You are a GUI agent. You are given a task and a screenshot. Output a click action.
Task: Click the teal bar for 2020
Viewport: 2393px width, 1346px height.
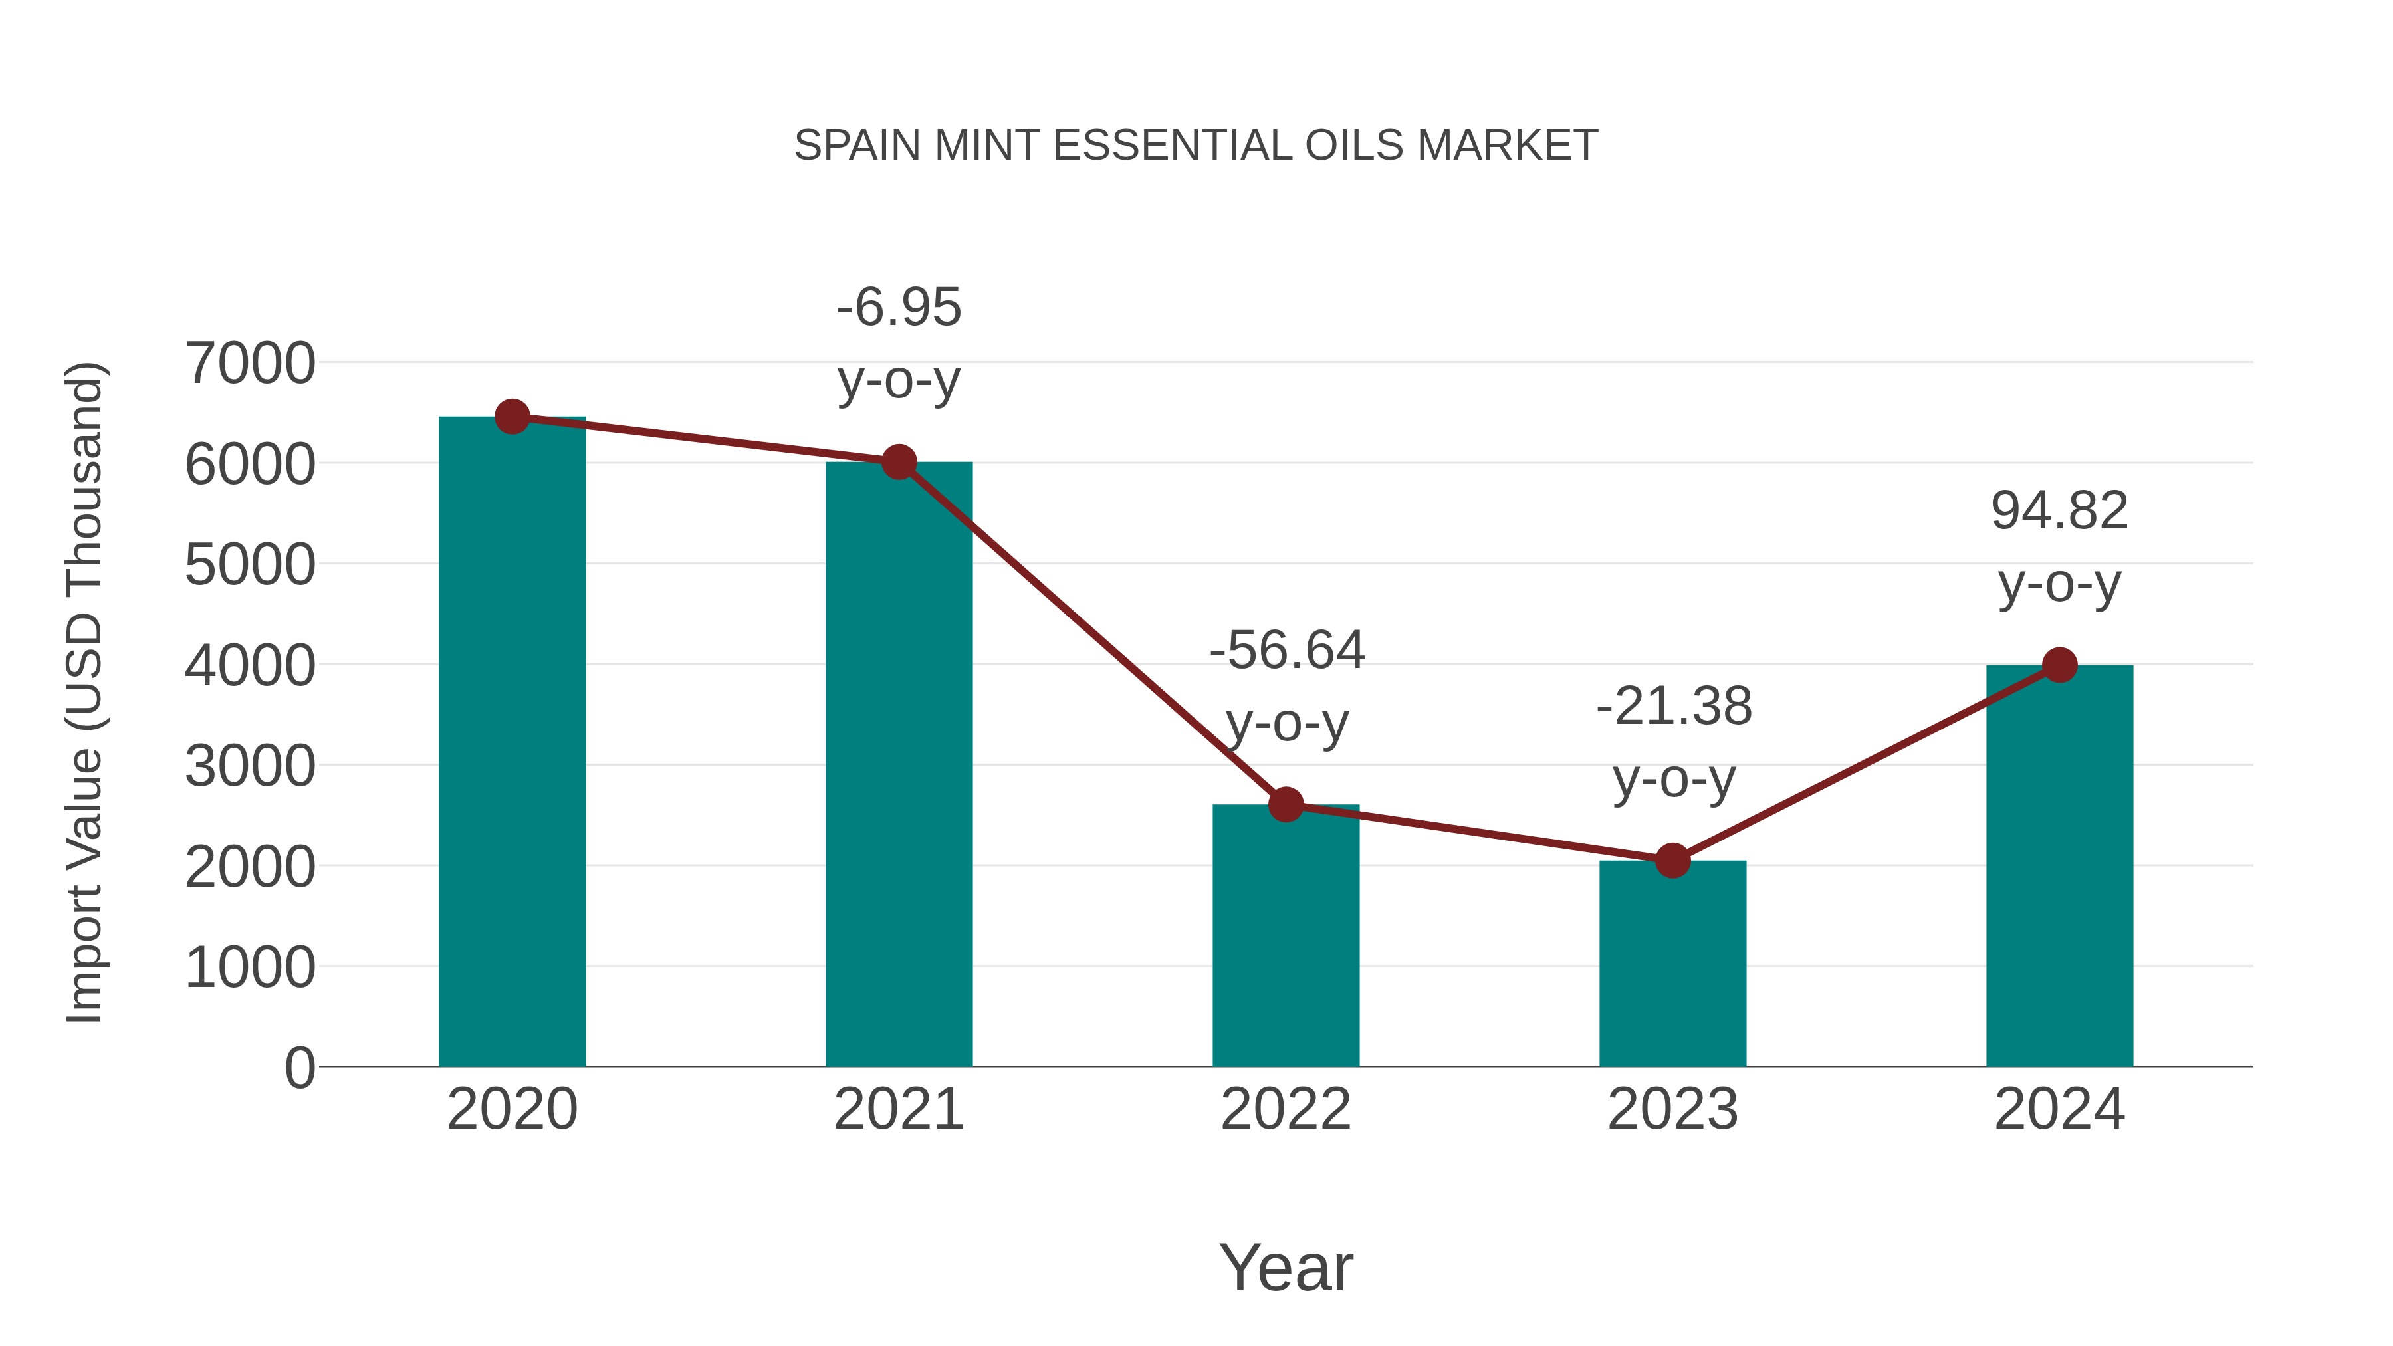(x=512, y=743)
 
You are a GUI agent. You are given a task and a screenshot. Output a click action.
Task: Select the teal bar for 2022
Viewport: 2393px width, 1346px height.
(x=1286, y=938)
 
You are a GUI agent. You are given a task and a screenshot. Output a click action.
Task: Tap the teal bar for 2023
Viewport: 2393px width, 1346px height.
(x=1672, y=966)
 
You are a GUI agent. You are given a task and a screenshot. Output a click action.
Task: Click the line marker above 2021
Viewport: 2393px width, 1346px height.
(x=898, y=462)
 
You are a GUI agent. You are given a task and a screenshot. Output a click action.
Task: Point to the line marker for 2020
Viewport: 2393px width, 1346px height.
(x=512, y=417)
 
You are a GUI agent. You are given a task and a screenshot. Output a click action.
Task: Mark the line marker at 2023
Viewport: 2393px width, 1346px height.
(x=1672, y=861)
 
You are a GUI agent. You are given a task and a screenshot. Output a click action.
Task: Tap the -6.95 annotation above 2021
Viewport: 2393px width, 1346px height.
(x=898, y=343)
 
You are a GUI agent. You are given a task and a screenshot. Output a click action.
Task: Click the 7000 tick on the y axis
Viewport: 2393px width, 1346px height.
(x=250, y=363)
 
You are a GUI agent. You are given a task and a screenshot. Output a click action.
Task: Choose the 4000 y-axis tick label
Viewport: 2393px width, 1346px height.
(x=250, y=666)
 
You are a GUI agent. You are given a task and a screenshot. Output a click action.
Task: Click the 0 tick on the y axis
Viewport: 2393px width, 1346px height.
(x=299, y=1067)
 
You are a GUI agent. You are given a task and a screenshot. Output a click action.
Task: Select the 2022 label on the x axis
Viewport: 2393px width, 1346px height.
(x=1286, y=1109)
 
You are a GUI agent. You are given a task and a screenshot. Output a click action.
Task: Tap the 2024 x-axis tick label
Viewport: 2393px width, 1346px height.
(x=2059, y=1109)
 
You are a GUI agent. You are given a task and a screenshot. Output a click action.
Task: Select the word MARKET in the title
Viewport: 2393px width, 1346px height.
(x=1507, y=146)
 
